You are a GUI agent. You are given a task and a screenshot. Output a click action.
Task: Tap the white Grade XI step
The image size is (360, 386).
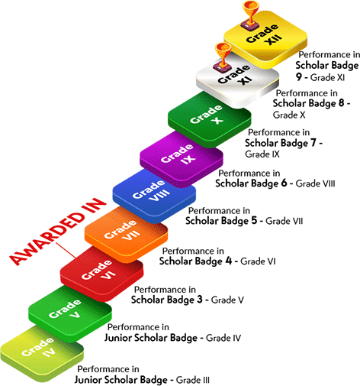pyautogui.click(x=238, y=79)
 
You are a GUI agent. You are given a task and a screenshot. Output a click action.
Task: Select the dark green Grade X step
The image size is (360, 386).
pyautogui.click(x=210, y=119)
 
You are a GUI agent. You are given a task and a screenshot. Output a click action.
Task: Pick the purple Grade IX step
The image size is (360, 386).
pyautogui.click(x=182, y=158)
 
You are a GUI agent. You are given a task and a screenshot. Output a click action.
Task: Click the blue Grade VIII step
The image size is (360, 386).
pyautogui.click(x=154, y=196)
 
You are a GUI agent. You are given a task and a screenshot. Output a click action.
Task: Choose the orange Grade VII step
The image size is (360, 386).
pyautogui.click(x=126, y=234)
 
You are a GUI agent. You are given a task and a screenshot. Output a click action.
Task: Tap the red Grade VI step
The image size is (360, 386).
pyautogui.click(x=101, y=273)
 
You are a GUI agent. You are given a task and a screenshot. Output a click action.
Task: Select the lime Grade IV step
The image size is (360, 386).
pyautogui.click(x=42, y=352)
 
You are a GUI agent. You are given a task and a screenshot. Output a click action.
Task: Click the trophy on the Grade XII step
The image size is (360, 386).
pyautogui.click(x=251, y=15)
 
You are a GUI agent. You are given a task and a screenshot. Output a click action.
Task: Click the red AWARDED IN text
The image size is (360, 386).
pyautogui.click(x=57, y=232)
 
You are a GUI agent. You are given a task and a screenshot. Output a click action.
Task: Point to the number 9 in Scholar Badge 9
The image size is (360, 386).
pyautogui.click(x=299, y=77)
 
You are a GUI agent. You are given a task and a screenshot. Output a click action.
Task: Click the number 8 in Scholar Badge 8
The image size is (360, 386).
pyautogui.click(x=341, y=103)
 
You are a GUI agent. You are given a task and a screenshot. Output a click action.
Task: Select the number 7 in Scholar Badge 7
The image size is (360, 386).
pyautogui.click(x=313, y=143)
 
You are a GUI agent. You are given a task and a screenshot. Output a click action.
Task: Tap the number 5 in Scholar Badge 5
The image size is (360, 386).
pyautogui.click(x=254, y=220)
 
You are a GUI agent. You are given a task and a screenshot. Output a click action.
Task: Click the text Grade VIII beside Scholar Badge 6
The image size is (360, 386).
pyautogui.click(x=315, y=183)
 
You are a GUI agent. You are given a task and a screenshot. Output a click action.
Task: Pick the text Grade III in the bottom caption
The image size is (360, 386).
pyautogui.click(x=193, y=380)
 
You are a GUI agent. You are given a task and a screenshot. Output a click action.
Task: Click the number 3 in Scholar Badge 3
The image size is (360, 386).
pyautogui.click(x=200, y=300)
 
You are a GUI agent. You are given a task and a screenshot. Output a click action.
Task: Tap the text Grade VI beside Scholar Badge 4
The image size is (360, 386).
pyautogui.click(x=258, y=261)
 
